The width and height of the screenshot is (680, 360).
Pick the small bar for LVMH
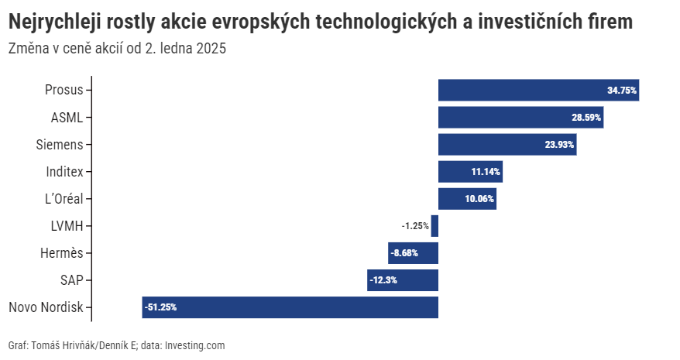(434, 226)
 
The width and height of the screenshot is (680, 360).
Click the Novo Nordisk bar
(290, 307)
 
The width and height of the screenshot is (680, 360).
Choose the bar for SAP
(403, 280)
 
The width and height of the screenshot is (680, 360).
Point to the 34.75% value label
(622, 91)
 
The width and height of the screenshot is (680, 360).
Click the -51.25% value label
(161, 307)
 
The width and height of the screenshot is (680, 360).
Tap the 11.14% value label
(486, 172)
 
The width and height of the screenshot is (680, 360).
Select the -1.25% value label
(415, 226)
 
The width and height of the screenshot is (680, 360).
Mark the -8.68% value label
(405, 253)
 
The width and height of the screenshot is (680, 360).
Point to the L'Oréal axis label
(64, 198)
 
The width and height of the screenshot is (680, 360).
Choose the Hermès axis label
(61, 253)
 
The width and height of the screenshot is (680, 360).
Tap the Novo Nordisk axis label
(46, 307)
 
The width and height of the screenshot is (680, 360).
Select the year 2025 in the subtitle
(211, 49)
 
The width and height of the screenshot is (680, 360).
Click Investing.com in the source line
(194, 345)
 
